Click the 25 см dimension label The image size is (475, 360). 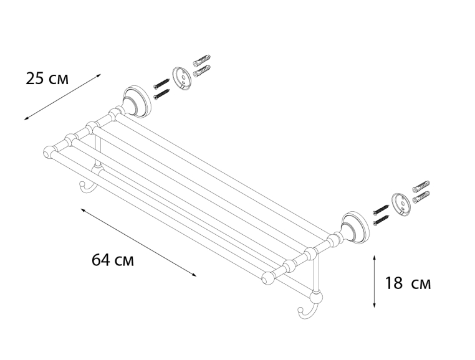[x=47, y=78]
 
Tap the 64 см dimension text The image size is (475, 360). [x=113, y=260]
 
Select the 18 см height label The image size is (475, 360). [x=408, y=283]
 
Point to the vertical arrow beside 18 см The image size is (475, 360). [x=375, y=282]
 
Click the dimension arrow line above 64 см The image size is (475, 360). [x=138, y=242]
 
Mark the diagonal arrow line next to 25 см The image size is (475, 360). [x=62, y=97]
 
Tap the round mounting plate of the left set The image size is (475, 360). [x=182, y=78]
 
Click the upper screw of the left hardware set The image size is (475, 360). [x=161, y=83]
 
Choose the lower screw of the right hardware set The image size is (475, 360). [x=381, y=220]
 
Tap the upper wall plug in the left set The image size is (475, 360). [x=202, y=60]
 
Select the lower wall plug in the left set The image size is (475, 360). [x=202, y=71]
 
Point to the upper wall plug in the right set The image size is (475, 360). [x=421, y=186]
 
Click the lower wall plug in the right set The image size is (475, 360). [x=421, y=196]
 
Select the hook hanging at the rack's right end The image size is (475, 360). [x=307, y=310]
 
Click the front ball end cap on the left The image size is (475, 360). [x=49, y=153]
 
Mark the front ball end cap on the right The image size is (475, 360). [x=268, y=278]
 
